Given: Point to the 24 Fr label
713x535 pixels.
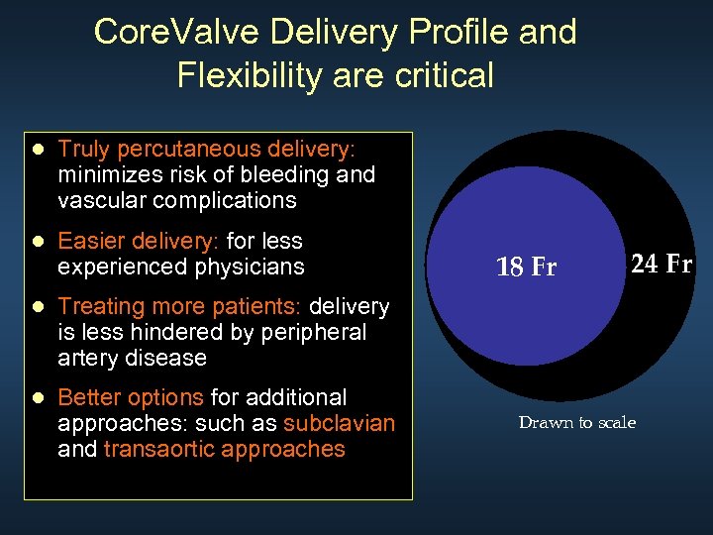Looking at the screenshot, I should (x=661, y=264).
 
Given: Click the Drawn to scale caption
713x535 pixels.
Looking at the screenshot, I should (x=576, y=423).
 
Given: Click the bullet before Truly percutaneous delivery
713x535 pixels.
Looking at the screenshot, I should (x=38, y=150).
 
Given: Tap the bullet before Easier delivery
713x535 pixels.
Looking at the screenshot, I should (x=38, y=242).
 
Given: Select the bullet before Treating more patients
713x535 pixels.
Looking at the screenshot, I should (x=38, y=307).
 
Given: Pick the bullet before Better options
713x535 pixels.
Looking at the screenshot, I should (x=38, y=398).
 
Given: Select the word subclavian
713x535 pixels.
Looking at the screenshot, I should (x=339, y=424).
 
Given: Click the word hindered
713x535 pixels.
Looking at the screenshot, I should (x=164, y=332).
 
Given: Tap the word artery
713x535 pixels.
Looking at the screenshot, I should (x=85, y=358).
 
